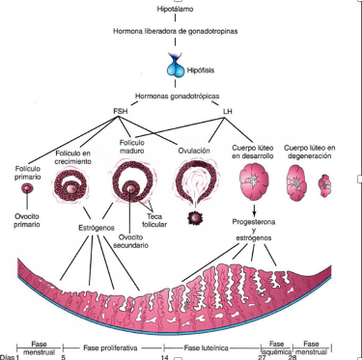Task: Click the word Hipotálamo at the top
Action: tap(175, 9)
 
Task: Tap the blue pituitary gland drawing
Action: tap(176, 66)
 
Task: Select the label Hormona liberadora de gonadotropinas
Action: tap(176, 31)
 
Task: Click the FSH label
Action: tap(120, 111)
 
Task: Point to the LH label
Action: tap(228, 111)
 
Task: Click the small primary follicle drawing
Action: tap(27, 188)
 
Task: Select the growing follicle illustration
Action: tap(70, 185)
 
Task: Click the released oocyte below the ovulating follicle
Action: tap(195, 218)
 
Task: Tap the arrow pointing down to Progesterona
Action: tap(254, 210)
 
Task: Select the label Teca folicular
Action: tap(154, 220)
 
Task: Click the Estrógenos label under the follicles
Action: tap(97, 228)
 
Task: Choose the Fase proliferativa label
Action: tap(110, 347)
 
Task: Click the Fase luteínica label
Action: tap(207, 347)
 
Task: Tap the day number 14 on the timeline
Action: tap(165, 357)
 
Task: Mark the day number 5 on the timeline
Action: tap(64, 357)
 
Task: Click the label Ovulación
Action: tap(194, 151)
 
